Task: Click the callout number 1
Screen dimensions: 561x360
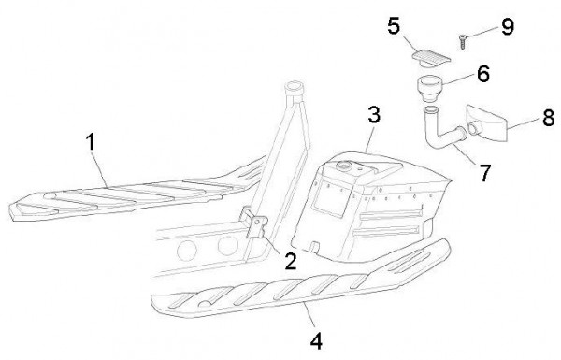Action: [92, 141]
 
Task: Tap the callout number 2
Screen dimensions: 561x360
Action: [291, 261]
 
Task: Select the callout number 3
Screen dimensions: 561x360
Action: [374, 115]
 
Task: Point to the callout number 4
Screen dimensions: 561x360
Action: [316, 341]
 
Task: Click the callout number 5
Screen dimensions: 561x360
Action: [394, 26]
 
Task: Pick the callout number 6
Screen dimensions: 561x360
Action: [483, 74]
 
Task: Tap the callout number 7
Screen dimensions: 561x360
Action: [484, 173]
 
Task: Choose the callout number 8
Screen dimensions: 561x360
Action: [549, 118]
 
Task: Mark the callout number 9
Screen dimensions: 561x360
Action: [508, 26]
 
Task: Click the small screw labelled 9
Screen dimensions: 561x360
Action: [462, 41]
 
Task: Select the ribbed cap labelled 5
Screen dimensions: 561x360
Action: [431, 58]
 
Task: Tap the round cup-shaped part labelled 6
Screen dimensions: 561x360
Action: [430, 89]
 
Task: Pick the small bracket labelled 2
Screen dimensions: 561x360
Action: [255, 224]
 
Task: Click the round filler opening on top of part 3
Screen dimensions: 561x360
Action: [344, 166]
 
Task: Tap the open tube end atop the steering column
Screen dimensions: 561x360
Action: [294, 87]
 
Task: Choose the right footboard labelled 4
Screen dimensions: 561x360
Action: [300, 281]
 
